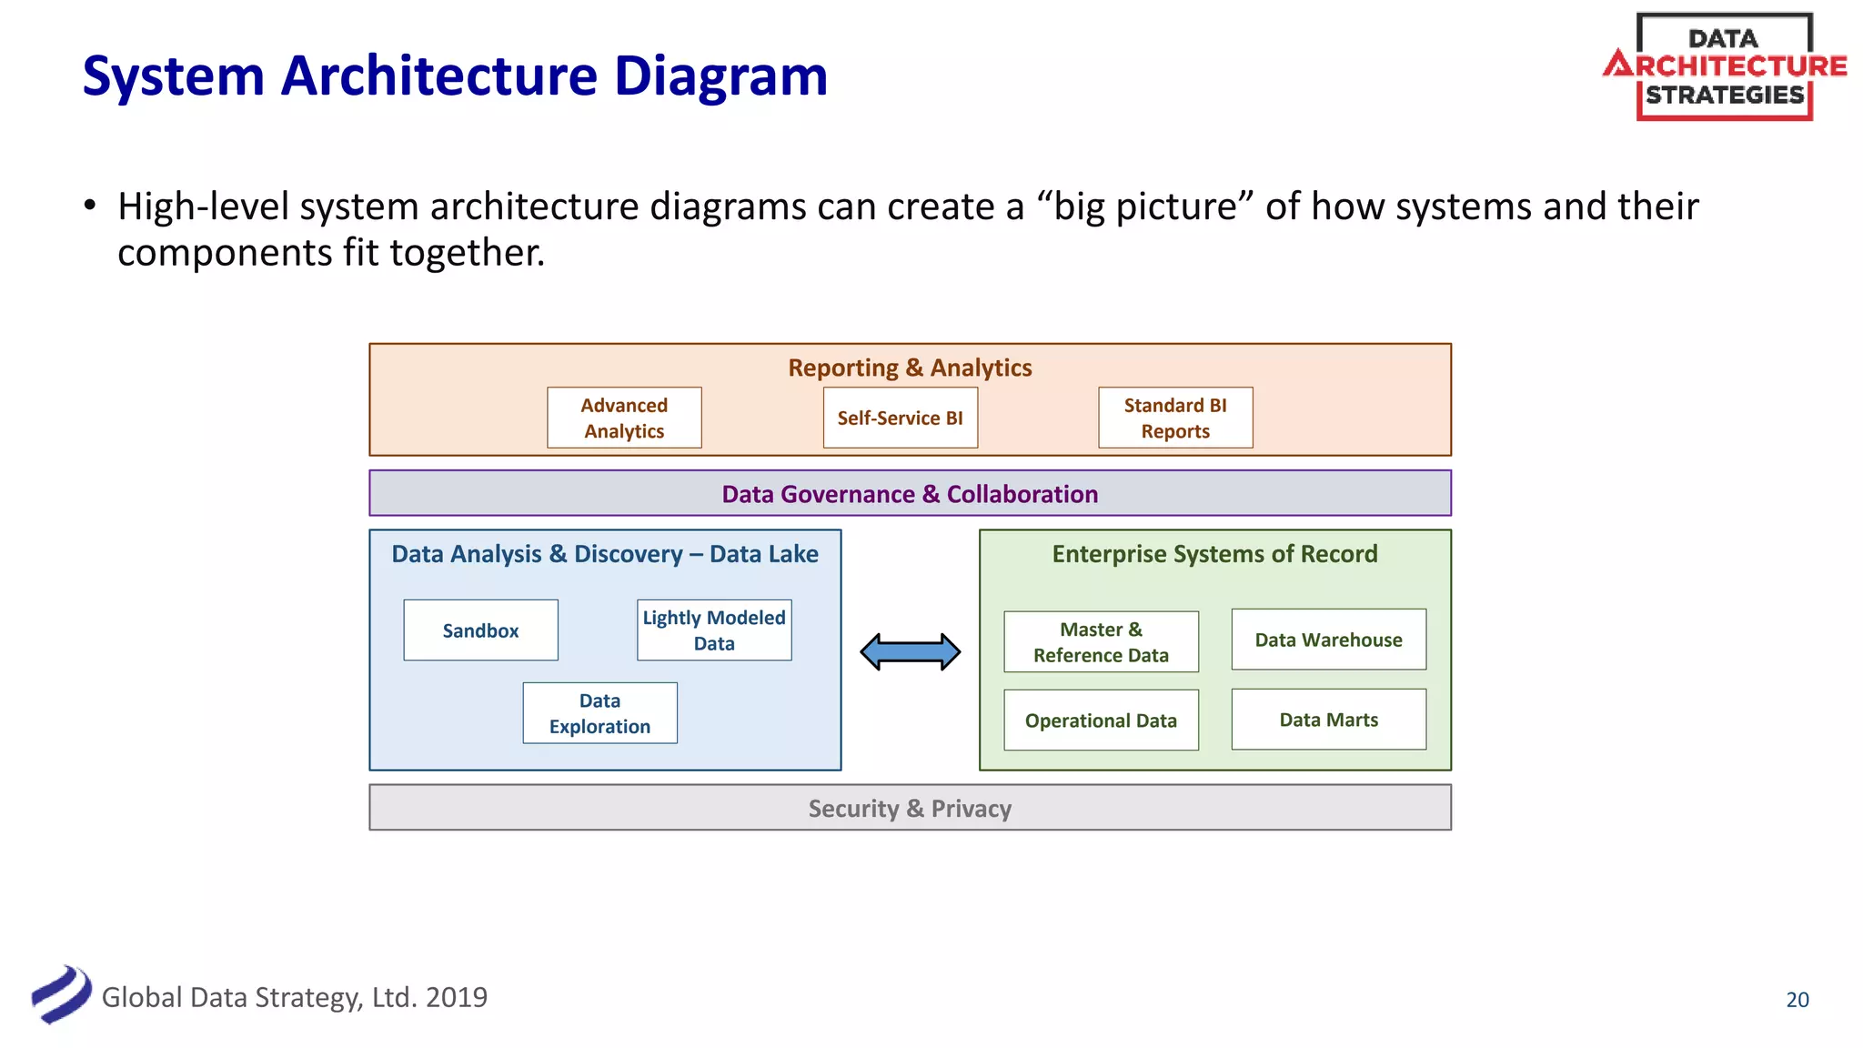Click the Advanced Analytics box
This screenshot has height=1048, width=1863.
click(624, 418)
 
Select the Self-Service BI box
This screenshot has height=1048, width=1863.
click(900, 418)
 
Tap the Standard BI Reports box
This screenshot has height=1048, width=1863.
click(1175, 418)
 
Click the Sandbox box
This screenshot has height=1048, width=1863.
click(480, 630)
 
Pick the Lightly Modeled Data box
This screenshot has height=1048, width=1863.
click(714, 630)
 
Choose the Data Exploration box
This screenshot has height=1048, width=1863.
click(599, 713)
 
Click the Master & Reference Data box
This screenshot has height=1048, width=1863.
click(1101, 641)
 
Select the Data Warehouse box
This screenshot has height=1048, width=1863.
click(1328, 640)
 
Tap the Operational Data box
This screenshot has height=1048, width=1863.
click(1101, 720)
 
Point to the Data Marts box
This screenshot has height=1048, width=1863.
click(1328, 720)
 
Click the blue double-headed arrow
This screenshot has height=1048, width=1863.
click(910, 651)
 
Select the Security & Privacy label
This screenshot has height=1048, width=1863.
click(910, 809)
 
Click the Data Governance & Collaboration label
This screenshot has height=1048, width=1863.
click(910, 494)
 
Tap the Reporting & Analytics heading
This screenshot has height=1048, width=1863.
click(910, 368)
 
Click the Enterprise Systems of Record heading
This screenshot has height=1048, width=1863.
click(1214, 554)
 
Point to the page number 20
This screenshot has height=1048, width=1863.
click(1798, 1000)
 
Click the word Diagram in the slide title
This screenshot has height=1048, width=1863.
click(720, 76)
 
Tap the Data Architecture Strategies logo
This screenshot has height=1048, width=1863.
click(1725, 66)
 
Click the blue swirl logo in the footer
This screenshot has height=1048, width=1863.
click(61, 994)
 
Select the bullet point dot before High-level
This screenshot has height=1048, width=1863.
click(89, 206)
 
